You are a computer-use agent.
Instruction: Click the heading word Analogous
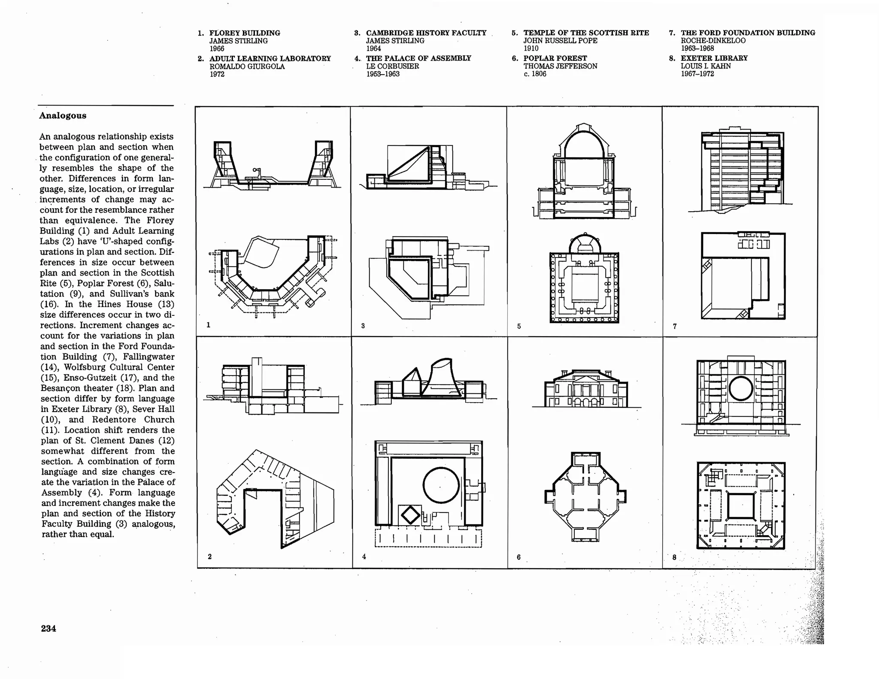pos(63,115)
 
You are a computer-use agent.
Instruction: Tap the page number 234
pos(48,628)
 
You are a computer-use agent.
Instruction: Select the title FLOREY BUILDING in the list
pos(245,33)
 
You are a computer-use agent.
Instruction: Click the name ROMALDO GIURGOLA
pos(247,67)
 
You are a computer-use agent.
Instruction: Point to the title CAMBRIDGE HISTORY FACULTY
pos(426,33)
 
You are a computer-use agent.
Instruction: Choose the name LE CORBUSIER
pos(392,66)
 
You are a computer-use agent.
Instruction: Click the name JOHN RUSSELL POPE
pos(560,41)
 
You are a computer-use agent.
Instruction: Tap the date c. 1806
pos(535,74)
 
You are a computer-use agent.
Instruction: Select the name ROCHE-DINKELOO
pos(713,41)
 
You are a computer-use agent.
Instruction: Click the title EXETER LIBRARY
pos(714,58)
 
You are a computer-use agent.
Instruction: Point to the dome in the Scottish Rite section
pos(584,142)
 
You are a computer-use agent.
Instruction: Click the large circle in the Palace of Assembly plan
pos(441,485)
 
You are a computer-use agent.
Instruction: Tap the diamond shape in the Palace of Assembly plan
pos(410,515)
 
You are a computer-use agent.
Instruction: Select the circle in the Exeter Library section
pos(741,388)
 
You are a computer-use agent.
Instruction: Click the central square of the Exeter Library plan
pos(741,506)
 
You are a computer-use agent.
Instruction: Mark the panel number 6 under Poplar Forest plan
pos(518,557)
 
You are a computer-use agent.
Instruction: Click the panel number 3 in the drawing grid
pos(363,326)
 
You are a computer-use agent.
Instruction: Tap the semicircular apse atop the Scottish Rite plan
pos(585,244)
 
